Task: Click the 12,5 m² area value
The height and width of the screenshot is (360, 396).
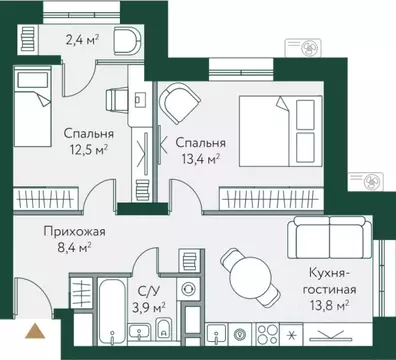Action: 89,151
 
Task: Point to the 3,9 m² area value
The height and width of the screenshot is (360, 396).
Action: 150,306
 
